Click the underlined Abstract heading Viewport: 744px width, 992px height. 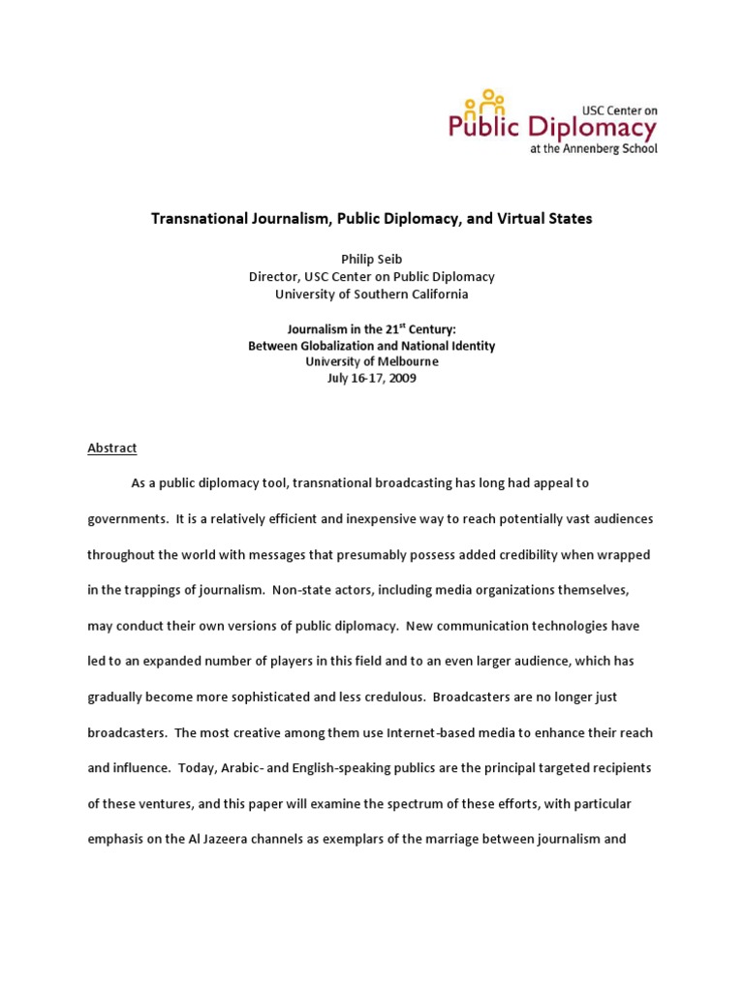pos(112,448)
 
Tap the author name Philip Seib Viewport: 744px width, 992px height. pos(371,259)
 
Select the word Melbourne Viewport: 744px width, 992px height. pos(403,361)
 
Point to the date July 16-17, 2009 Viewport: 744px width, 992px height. pos(371,379)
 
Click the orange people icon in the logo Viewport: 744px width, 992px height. pos(484,101)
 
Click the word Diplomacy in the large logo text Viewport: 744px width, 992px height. pos(593,126)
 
